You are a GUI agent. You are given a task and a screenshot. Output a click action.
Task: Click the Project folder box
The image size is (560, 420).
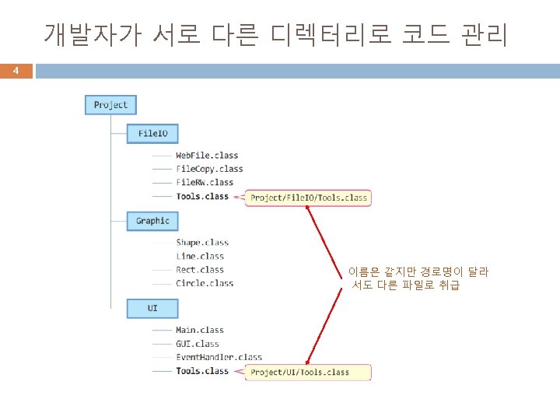[110, 105]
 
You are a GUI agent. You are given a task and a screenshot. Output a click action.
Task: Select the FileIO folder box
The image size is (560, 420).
[152, 134]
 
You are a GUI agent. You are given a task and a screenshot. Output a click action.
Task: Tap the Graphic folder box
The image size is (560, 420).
[152, 221]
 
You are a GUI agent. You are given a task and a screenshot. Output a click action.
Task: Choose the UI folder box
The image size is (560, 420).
[152, 309]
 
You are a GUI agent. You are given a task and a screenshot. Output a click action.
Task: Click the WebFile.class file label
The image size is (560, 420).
[207, 156]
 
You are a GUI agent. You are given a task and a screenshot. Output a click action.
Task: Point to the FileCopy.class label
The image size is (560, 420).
[209, 169]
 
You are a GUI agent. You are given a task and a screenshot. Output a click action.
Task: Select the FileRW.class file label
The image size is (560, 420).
[205, 183]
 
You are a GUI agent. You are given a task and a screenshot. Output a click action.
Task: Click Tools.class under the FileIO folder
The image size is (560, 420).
[202, 197]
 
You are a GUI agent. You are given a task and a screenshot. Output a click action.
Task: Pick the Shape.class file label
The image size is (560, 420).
[202, 243]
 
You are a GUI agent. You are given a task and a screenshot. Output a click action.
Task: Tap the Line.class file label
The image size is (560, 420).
[200, 257]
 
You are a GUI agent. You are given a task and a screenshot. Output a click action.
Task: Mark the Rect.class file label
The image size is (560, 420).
[200, 270]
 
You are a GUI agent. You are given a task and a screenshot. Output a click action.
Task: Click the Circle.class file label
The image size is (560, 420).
[205, 284]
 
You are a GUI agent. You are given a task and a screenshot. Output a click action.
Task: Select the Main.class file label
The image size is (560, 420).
[200, 331]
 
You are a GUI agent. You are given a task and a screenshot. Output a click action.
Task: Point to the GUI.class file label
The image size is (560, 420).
[198, 344]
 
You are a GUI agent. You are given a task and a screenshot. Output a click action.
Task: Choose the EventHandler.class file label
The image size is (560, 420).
[219, 358]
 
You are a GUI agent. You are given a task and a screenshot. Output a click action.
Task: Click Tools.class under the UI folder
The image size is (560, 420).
[202, 372]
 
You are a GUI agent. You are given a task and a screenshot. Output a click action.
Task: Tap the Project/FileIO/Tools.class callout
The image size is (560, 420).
[309, 198]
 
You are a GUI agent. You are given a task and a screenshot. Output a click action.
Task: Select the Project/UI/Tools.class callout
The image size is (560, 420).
[300, 373]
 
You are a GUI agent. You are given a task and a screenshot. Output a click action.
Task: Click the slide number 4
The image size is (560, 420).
[16, 71]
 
